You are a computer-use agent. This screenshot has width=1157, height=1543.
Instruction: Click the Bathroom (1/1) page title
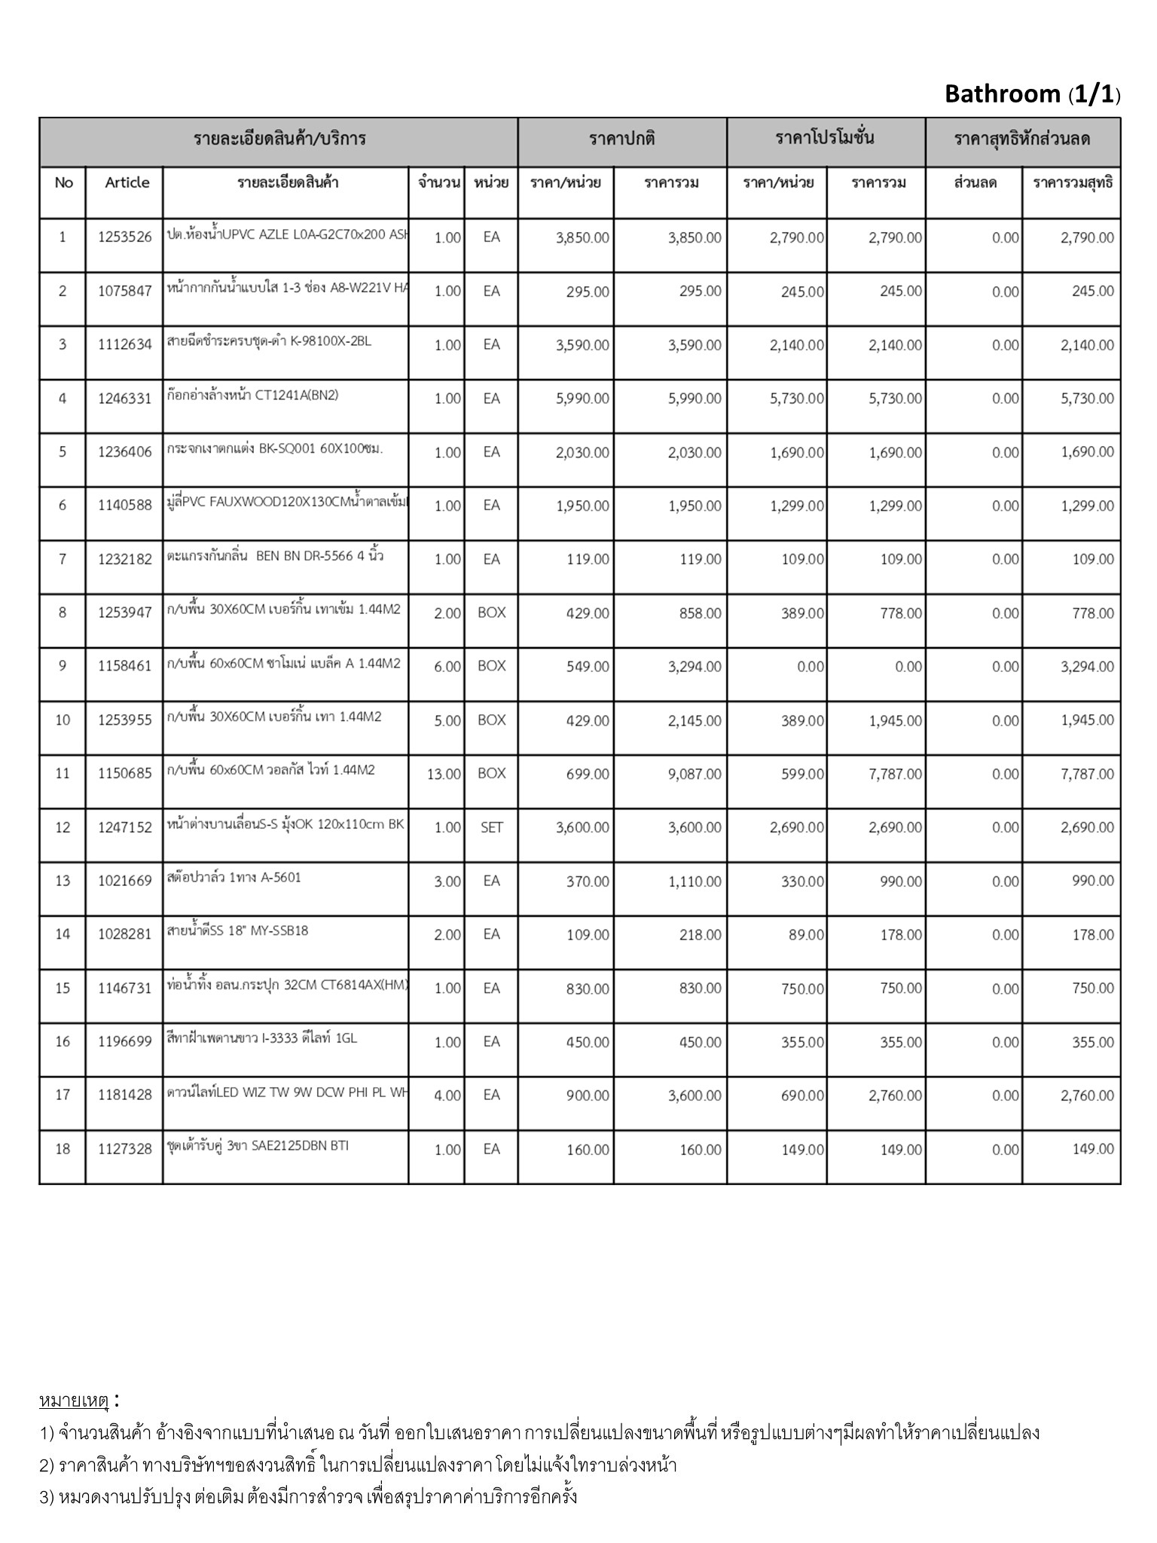(1031, 94)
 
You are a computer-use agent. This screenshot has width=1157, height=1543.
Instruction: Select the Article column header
(127, 183)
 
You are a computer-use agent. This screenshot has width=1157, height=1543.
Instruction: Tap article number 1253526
(125, 238)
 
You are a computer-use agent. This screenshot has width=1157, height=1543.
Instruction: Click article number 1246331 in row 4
(125, 399)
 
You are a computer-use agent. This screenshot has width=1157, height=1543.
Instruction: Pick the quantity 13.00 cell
(444, 774)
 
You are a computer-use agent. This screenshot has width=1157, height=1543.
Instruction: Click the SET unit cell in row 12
(491, 827)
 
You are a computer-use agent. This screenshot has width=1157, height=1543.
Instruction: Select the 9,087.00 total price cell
(694, 774)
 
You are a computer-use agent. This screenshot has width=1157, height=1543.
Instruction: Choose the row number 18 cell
(63, 1149)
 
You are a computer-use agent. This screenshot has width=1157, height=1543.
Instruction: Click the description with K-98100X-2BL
(269, 341)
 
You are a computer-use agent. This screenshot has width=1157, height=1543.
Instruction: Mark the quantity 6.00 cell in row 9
(447, 667)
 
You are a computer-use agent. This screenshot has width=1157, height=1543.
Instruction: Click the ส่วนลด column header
(975, 183)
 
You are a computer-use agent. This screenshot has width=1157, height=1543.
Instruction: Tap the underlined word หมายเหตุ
(74, 1401)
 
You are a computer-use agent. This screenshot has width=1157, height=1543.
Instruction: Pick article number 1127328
(125, 1150)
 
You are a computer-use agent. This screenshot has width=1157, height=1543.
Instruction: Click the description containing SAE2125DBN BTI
(258, 1146)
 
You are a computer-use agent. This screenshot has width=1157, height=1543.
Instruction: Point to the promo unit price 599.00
(802, 774)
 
